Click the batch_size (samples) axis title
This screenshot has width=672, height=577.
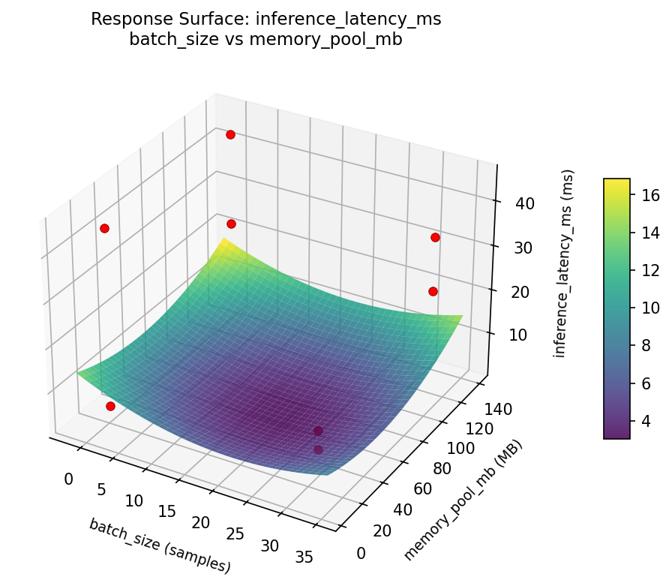(x=159, y=545)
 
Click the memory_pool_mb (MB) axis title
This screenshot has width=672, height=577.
(x=463, y=500)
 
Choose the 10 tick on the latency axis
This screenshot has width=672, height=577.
(x=517, y=335)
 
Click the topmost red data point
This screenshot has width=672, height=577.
(x=230, y=134)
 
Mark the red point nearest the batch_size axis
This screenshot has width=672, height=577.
(x=110, y=406)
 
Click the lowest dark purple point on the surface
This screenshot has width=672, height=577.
(x=318, y=449)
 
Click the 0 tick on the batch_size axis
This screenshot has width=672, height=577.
(x=70, y=479)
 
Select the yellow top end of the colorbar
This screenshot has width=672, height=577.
(x=616, y=183)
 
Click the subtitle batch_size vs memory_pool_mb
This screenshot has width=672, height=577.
(x=265, y=41)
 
